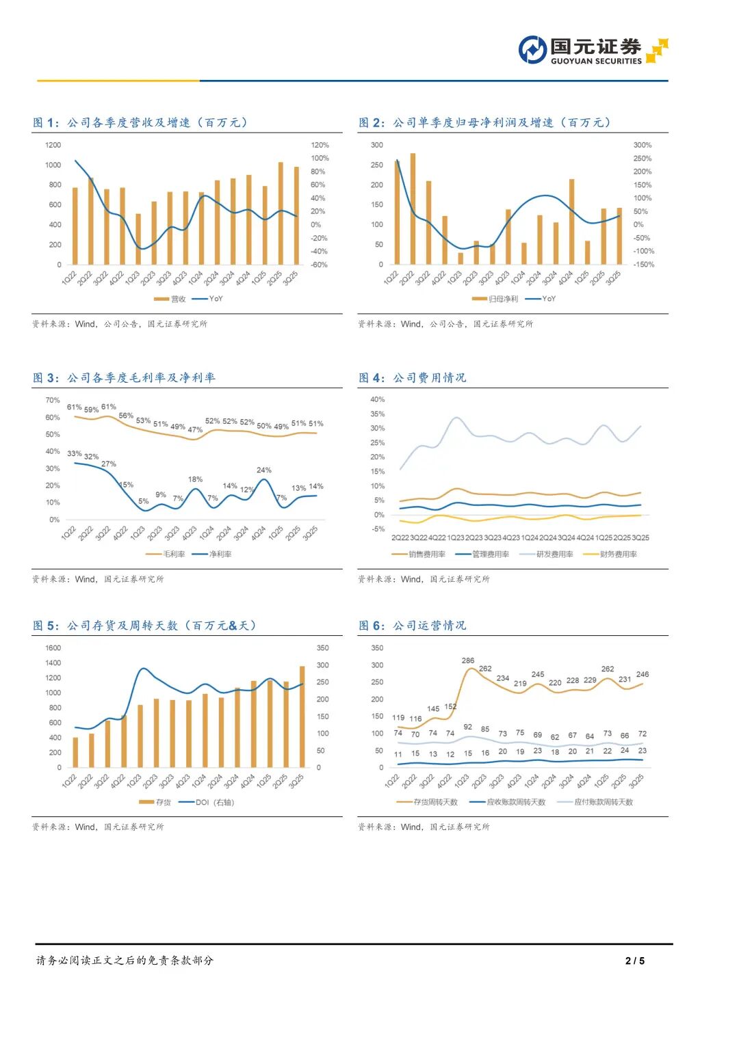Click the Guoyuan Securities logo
(593, 50)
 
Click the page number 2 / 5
(634, 961)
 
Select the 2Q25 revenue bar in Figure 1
(281, 213)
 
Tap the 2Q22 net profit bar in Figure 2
(413, 209)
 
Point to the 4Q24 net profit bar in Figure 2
(571, 222)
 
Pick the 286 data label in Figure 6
(468, 660)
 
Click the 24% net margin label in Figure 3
(263, 470)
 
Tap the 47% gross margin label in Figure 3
(195, 430)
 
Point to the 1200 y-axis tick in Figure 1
(53, 145)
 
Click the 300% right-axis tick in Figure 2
(643, 145)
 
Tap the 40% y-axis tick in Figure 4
(377, 399)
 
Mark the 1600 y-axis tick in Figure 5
(53, 647)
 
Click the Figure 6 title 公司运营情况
(429, 626)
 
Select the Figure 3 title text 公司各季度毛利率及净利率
(141, 377)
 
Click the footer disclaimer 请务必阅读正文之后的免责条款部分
(125, 961)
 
